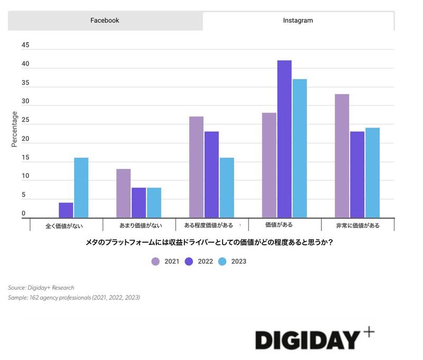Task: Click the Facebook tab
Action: click(105, 21)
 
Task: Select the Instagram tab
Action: click(298, 21)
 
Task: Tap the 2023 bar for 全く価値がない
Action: click(81, 188)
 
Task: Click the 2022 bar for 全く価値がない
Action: click(66, 210)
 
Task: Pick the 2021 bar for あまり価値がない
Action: click(123, 193)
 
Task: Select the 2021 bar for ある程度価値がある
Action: click(196, 167)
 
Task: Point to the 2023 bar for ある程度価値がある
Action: click(227, 188)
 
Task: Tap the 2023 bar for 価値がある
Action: click(299, 149)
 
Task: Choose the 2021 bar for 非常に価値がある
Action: click(342, 156)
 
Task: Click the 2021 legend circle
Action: click(155, 261)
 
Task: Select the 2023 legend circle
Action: click(223, 261)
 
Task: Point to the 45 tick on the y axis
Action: click(25, 45)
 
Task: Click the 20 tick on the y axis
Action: click(25, 139)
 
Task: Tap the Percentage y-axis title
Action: click(15, 129)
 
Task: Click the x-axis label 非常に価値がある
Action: click(357, 226)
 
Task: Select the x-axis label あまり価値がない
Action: click(137, 226)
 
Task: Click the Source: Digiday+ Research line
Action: click(41, 288)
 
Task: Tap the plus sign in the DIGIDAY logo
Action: click(369, 332)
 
